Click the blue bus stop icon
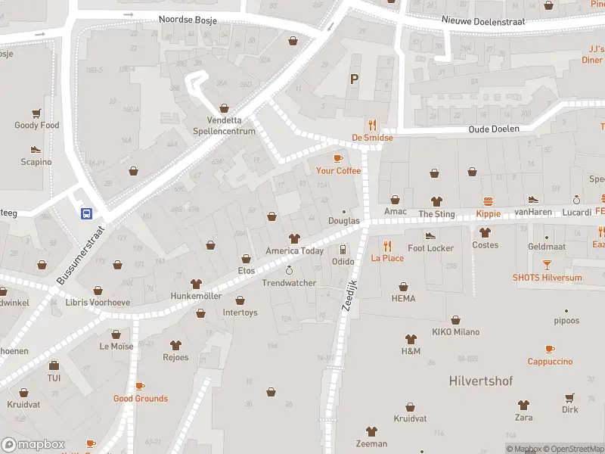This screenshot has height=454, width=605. coord(87,213)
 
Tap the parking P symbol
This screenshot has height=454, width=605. coord(353,79)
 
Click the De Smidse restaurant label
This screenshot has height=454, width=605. coord(372,138)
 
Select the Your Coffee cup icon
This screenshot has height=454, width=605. coord(338,158)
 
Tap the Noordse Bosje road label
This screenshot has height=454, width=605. coord(188,20)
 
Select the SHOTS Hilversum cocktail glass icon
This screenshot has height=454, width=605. coord(547,265)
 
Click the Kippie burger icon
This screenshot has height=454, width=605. coord(489,201)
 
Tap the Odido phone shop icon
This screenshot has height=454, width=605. coord(343,249)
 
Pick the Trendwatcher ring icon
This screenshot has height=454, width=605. coord(288,270)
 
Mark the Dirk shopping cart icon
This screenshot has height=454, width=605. coord(569,397)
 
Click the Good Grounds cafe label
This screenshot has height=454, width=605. coord(141,398)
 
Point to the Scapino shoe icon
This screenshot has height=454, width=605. coord(35,149)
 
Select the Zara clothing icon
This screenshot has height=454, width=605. coord(523,405)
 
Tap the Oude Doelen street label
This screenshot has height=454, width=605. coord(494,129)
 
